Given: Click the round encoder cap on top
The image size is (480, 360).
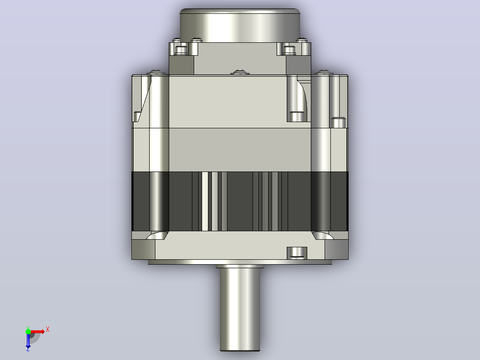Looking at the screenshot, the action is point(240,25).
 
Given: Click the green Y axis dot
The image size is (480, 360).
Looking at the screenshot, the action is point(28,331).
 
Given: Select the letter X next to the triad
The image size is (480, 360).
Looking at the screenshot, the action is point(48,330).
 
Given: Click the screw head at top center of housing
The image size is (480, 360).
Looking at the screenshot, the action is point(240,72).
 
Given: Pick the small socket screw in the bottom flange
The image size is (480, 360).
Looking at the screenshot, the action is point(297,253).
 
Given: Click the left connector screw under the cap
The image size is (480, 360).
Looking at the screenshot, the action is point(181,50).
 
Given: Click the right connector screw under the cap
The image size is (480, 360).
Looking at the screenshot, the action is point(289,50).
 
